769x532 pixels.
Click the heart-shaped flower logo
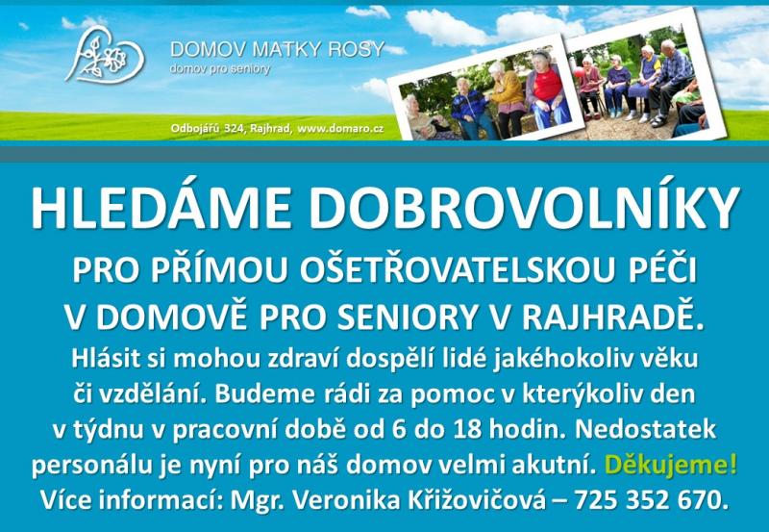104,54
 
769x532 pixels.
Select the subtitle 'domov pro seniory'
220,69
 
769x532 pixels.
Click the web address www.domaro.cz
340,129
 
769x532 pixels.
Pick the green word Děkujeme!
671,465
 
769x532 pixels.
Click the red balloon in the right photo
581,73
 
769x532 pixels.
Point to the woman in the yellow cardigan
507,98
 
